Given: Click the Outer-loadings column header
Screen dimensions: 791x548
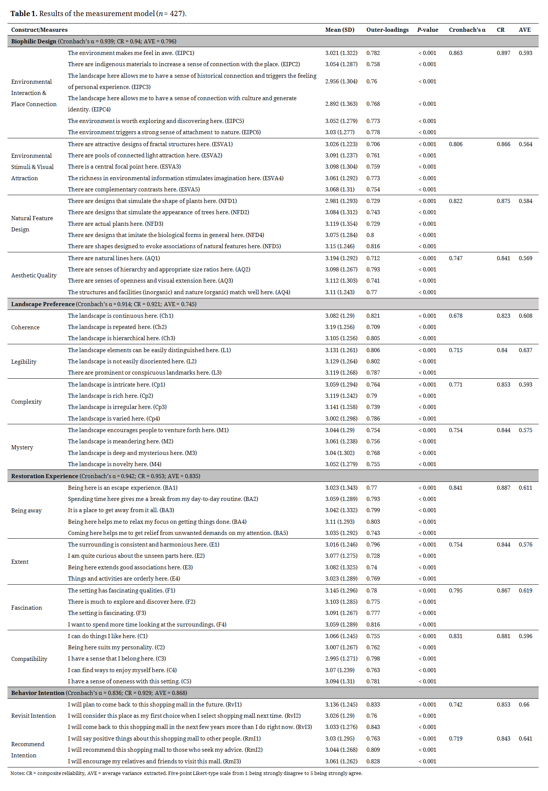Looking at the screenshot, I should coord(387,30).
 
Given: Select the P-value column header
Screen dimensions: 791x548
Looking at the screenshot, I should coord(427,30).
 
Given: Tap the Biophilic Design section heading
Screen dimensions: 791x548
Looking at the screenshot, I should coord(34,41).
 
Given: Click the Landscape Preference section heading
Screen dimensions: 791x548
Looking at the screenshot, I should coord(43,304).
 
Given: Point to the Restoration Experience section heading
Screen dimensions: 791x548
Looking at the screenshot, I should coord(44,476).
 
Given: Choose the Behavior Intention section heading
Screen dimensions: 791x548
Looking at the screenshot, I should coord(38,693).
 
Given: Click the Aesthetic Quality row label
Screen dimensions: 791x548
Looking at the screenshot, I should coord(34,276).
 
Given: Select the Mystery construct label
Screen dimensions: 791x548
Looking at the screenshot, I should coord(22,447).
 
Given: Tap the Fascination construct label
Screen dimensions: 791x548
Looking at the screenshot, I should coord(27,608).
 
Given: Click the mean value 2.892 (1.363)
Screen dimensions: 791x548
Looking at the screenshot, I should coord(341,104).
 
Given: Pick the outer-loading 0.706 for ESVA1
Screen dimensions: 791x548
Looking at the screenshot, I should coord(373,144).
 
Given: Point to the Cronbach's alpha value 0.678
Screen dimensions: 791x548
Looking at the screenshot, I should coord(455,316).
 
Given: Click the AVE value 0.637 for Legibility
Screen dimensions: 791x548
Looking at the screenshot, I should coord(525,350).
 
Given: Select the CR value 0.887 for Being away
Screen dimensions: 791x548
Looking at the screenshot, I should coord(503,488).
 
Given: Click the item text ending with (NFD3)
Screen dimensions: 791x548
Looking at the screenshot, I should coord(115,224).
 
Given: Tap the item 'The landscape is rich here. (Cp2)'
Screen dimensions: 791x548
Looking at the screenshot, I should coord(110,396).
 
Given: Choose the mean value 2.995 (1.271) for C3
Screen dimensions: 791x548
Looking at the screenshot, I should coord(341,659).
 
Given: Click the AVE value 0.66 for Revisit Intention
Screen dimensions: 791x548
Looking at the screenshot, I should coord(524,705).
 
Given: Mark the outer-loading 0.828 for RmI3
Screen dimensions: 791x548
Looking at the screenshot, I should coord(373,761).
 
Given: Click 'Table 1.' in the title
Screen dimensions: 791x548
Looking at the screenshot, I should coord(24,14).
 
